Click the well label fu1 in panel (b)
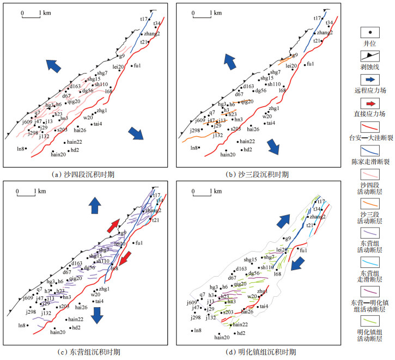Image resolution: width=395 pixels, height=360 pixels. click(x=311, y=64)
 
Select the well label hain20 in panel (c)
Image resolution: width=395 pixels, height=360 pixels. click(x=58, y=332)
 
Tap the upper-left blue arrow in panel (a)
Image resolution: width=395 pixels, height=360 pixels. click(x=53, y=65)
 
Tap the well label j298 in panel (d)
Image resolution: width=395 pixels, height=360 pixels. click(x=195, y=317)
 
